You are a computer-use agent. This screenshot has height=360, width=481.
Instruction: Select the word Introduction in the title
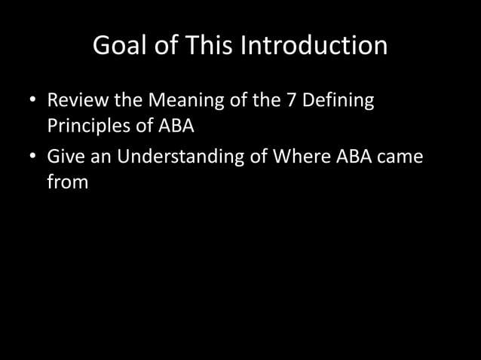pyautogui.click(x=314, y=47)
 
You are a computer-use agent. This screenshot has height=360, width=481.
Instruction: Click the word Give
pyautogui.click(x=65, y=157)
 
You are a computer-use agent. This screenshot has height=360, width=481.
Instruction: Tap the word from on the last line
pyautogui.click(x=68, y=182)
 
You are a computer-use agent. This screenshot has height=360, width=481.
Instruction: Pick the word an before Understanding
pyautogui.click(x=100, y=157)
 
